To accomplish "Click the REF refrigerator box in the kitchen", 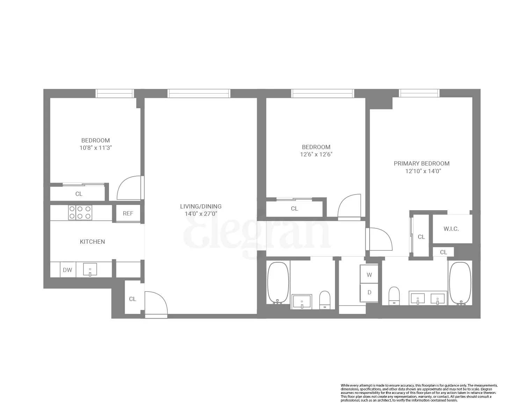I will [128, 213].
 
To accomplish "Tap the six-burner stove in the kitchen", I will [80, 212].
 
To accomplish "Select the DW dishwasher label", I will [67, 270].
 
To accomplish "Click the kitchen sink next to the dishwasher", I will [90, 270].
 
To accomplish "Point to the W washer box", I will [369, 275].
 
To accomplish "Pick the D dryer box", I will [369, 293].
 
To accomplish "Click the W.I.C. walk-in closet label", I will [451, 229].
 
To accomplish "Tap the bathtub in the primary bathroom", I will [460, 284].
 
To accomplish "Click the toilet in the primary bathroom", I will [394, 296].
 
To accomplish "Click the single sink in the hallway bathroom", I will [302, 301].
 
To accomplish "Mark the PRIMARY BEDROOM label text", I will [421, 163].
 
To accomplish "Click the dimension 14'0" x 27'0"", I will [201, 214].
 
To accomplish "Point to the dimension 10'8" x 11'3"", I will [95, 148].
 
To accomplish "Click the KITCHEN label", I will [92, 242].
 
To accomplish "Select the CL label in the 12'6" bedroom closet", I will [294, 208].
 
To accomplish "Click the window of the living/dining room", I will [199, 93].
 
